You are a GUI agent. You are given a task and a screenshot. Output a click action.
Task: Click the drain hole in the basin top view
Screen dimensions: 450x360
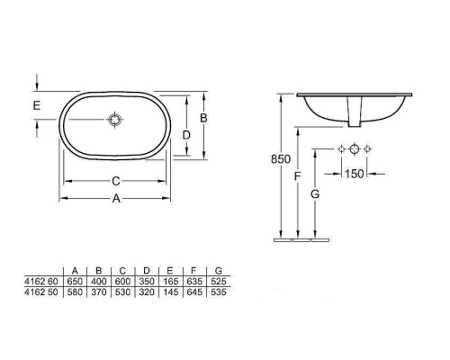tap(115, 120)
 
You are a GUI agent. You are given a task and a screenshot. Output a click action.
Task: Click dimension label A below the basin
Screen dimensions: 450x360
tap(116, 198)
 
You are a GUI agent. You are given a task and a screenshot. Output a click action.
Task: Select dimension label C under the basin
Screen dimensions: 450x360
tap(116, 181)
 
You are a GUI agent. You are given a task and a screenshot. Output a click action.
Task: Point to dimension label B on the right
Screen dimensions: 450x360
tap(203, 118)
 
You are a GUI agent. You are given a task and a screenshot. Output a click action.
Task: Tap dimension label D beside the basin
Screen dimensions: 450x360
tap(186, 135)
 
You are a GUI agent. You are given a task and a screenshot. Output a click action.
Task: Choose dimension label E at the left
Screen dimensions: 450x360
tap(37, 105)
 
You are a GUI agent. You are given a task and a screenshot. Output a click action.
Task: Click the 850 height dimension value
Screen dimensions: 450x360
tap(281, 159)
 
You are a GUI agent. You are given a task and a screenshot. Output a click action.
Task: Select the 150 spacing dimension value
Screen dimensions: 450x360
tap(355, 174)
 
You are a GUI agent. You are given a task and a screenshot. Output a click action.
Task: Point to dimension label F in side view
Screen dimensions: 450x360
tap(297, 176)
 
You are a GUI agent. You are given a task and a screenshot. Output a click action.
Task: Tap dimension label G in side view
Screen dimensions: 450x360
tap(315, 194)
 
